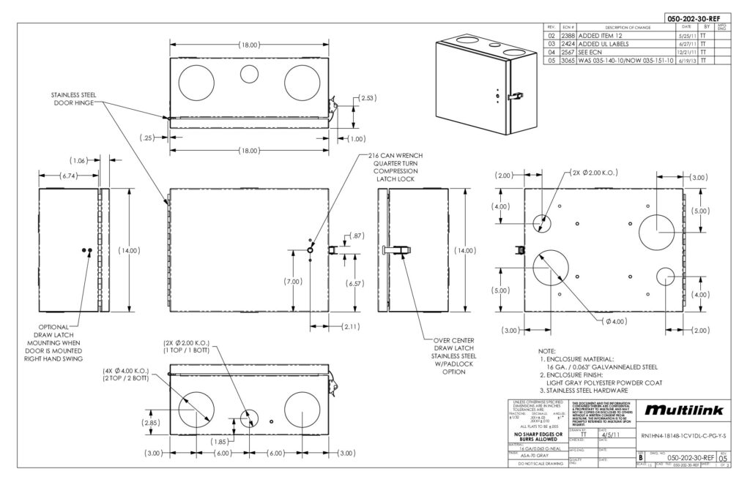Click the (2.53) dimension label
point(368,97)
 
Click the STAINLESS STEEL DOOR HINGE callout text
point(73,99)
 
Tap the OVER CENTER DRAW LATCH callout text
point(453,356)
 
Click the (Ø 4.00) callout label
point(614,320)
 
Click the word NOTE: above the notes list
point(548,352)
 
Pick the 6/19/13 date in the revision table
point(688,61)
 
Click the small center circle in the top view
point(248,72)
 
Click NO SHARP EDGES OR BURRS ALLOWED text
point(538,436)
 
